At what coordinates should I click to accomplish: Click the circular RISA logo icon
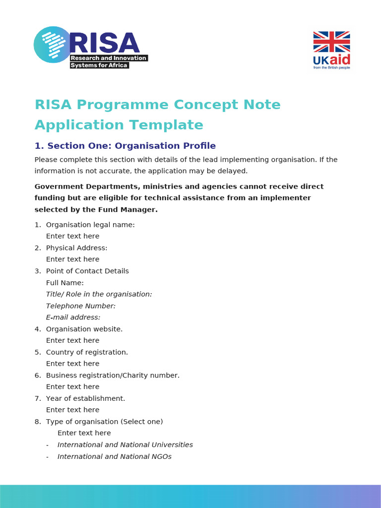[52, 45]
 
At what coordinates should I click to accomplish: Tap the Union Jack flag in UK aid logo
[331, 42]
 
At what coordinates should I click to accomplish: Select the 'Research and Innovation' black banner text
[109, 58]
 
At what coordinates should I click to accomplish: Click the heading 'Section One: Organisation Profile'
[131, 146]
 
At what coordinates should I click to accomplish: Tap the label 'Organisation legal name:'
[90, 225]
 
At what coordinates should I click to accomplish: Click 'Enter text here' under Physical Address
[72, 259]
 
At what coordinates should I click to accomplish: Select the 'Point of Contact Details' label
[87, 271]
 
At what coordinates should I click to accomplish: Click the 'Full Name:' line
[65, 283]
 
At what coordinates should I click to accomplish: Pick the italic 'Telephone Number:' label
[81, 306]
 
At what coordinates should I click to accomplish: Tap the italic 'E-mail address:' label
[73, 317]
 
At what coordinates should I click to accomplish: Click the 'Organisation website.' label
[84, 329]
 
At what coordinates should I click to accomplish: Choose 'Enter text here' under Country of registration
[72, 364]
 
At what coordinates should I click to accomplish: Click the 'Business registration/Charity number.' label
[113, 376]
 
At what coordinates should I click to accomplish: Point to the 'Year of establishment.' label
[85, 398]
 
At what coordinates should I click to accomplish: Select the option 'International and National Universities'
[125, 445]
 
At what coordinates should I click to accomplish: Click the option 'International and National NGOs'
[115, 456]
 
